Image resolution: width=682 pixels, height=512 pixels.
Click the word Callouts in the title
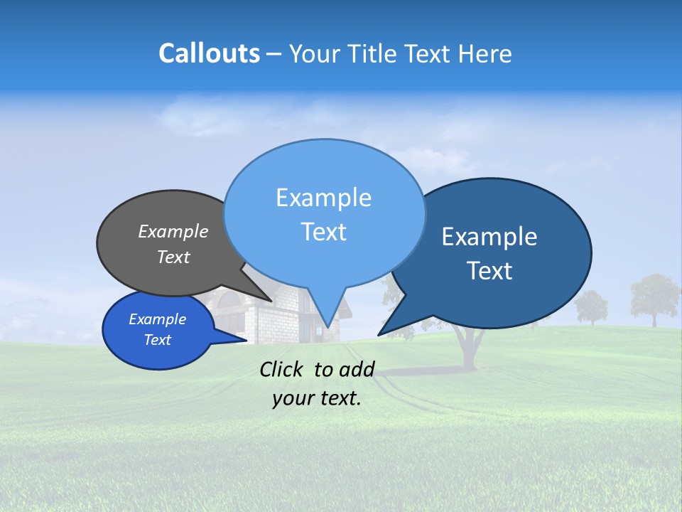[x=209, y=54]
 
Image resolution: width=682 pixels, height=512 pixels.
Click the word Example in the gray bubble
[x=173, y=232]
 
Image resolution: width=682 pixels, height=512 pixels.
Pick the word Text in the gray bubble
[x=173, y=257]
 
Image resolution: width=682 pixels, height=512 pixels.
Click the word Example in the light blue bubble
[x=324, y=198]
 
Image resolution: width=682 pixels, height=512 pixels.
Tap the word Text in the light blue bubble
[x=324, y=232]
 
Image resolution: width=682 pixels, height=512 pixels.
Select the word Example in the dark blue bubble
[x=489, y=237]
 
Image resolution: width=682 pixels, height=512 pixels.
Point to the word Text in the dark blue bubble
[x=490, y=271]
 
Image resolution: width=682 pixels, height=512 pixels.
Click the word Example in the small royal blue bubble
[x=158, y=319]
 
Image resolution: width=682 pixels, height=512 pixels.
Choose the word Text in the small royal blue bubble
[x=158, y=340]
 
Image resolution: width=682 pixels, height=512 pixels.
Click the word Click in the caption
[x=284, y=369]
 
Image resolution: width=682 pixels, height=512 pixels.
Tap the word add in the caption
[x=356, y=369]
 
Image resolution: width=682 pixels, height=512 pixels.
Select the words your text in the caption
[x=317, y=398]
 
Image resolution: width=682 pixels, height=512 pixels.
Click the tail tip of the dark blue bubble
[x=379, y=335]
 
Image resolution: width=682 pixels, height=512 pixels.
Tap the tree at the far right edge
[x=654, y=299]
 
